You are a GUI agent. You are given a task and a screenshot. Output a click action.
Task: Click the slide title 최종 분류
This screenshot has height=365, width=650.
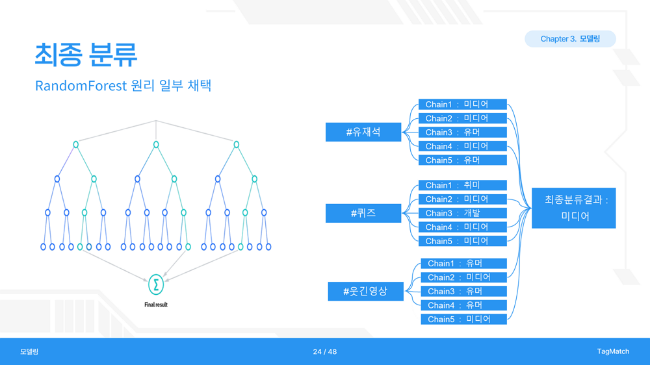tap(86, 55)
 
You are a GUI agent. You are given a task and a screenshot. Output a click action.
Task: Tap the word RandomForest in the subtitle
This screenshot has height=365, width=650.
tap(81, 86)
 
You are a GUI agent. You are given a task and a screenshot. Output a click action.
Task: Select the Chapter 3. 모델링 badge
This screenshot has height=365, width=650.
tap(570, 39)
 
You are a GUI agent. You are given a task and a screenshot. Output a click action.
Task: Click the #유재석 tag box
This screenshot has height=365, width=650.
tap(363, 132)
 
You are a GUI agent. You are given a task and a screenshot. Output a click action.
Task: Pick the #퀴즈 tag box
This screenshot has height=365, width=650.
tap(363, 213)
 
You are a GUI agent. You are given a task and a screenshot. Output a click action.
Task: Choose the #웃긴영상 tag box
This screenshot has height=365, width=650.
tap(365, 291)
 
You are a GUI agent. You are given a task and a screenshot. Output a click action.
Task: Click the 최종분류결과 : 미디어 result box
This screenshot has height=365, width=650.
tap(574, 208)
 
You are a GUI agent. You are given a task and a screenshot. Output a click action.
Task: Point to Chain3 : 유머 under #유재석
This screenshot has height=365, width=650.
tap(463, 132)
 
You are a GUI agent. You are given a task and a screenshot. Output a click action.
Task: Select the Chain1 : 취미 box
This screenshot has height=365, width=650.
tap(463, 185)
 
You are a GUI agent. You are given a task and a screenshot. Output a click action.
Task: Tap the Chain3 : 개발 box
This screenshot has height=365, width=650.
tap(463, 213)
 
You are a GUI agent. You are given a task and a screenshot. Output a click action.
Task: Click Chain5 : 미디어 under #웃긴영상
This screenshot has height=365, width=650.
tap(464, 319)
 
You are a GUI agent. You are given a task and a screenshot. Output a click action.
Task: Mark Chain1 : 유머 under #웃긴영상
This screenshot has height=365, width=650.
tap(464, 264)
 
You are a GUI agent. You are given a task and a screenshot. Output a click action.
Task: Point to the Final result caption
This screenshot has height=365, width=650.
tap(156, 305)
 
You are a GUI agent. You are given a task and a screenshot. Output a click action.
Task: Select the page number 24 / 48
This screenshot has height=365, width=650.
tap(325, 352)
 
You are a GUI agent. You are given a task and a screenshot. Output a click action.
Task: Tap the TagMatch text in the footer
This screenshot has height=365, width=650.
tap(613, 351)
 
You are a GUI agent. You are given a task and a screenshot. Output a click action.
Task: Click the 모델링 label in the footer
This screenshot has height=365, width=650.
tap(29, 352)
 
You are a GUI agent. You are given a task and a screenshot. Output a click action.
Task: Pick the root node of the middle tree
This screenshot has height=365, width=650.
tap(156, 145)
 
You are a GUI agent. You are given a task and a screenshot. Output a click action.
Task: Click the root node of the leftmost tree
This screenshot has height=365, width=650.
tap(75, 145)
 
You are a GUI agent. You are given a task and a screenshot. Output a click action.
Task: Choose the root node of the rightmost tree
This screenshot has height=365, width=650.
tap(237, 145)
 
